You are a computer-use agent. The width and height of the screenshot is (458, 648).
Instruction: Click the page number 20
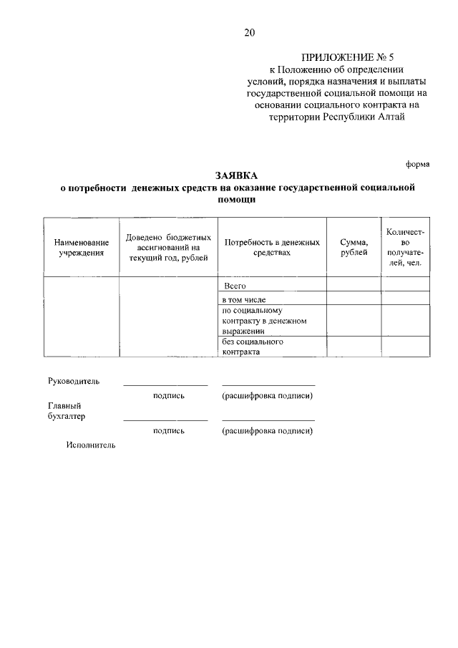point(248,32)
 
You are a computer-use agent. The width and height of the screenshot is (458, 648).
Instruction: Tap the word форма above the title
point(418,164)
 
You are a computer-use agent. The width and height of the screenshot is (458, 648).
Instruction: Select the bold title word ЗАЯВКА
point(236,175)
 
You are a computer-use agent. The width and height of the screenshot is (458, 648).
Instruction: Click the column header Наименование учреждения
point(82,247)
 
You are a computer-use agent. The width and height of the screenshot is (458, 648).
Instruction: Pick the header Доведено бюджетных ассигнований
point(168,247)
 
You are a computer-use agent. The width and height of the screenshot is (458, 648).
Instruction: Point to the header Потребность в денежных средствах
point(272,247)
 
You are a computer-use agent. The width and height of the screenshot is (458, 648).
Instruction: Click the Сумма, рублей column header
point(354,247)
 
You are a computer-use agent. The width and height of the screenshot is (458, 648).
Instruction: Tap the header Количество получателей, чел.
point(406,247)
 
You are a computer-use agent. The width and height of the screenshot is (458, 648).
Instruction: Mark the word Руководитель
point(74,381)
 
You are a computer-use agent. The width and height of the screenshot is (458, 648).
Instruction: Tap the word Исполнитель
point(90,445)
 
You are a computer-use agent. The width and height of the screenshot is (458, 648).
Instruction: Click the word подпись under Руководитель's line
point(169,396)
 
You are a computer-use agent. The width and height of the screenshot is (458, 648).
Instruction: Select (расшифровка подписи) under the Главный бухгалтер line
point(268,430)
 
